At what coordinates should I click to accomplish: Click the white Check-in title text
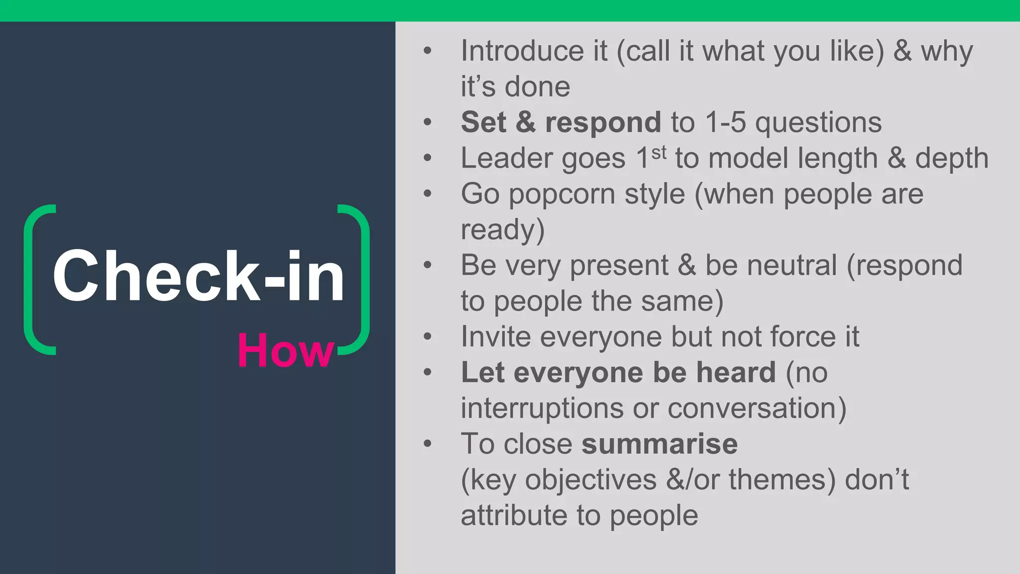(198, 277)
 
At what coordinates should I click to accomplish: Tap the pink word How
(285, 351)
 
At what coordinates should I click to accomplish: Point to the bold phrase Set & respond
(561, 123)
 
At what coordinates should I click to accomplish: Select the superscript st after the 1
(659, 152)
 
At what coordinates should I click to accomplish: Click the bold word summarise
(659, 444)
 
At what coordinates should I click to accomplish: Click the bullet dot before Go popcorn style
(427, 194)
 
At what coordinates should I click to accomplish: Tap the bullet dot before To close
(427, 444)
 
